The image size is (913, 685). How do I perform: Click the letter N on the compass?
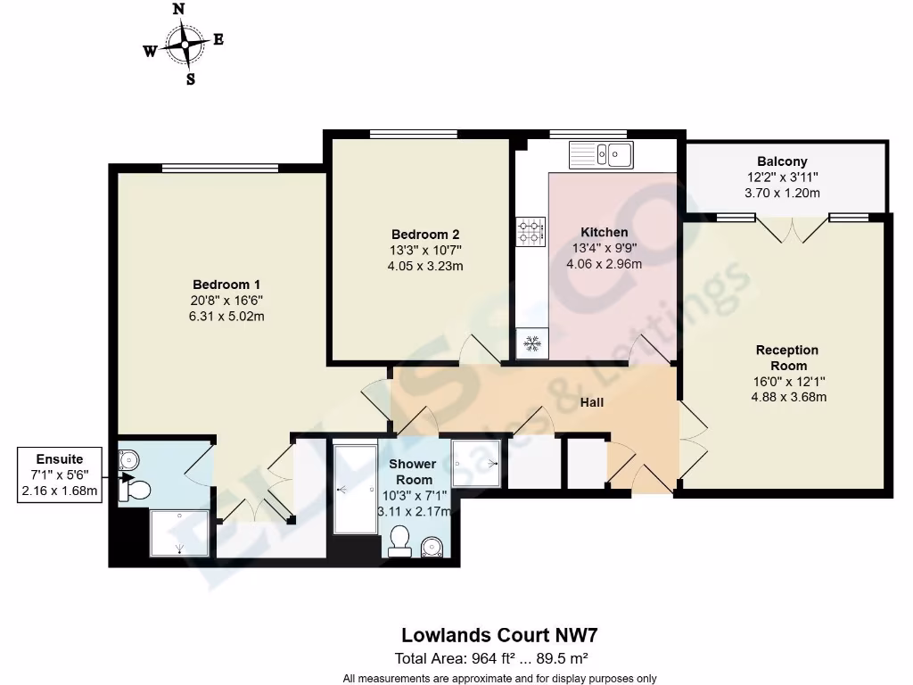pos(179,9)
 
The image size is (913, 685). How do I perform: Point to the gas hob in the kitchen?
pos(531,233)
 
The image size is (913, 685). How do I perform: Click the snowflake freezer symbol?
pos(533,343)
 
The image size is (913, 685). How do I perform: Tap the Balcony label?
pos(782,161)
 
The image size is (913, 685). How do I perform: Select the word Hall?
pos(592,402)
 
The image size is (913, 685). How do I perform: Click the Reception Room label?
pos(787,358)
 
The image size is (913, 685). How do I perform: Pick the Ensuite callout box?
pos(60,475)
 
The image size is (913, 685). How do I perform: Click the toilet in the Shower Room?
pos(399,541)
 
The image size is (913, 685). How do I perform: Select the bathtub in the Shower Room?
pos(355,489)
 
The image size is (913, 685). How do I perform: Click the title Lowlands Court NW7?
pos(498,636)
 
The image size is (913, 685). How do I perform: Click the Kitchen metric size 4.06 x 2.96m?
pos(604,263)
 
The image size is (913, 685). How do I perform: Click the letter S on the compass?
pos(190,78)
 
